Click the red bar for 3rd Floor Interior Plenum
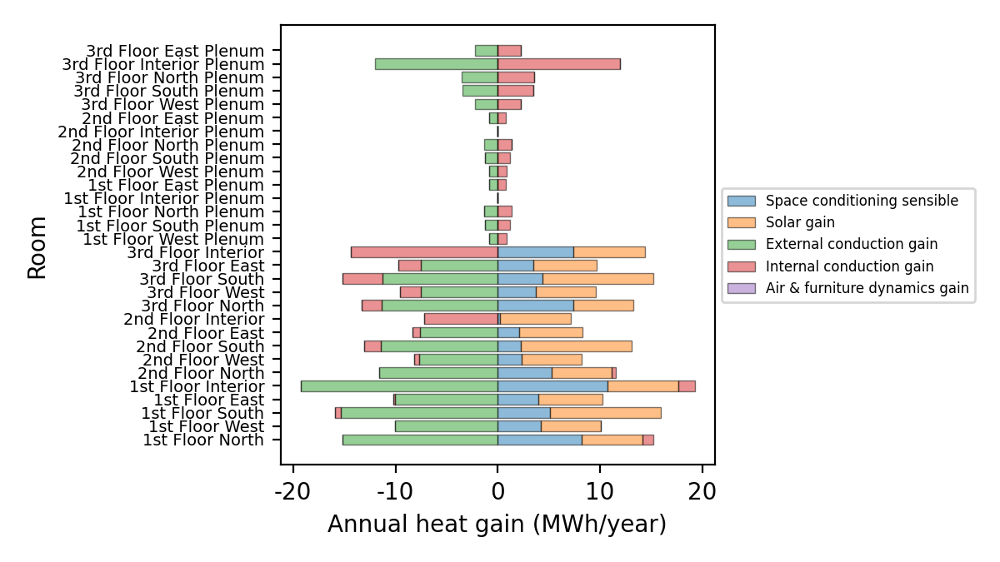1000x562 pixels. [558, 64]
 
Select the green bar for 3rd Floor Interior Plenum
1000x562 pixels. [436, 64]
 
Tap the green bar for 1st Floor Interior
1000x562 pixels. [398, 386]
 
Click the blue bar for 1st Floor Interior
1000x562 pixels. [552, 386]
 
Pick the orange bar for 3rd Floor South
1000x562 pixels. [597, 279]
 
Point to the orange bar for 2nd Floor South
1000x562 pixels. [576, 346]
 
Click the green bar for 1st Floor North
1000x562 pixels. [420, 440]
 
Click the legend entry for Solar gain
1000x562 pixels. [800, 222]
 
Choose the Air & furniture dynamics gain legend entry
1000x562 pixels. [867, 288]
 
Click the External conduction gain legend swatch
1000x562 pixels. [741, 245]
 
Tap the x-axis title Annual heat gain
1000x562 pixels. [497, 525]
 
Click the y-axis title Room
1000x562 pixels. [37, 247]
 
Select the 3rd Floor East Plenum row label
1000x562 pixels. [175, 51]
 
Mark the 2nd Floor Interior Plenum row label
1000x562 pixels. [161, 132]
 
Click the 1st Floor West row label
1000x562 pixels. [206, 426]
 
